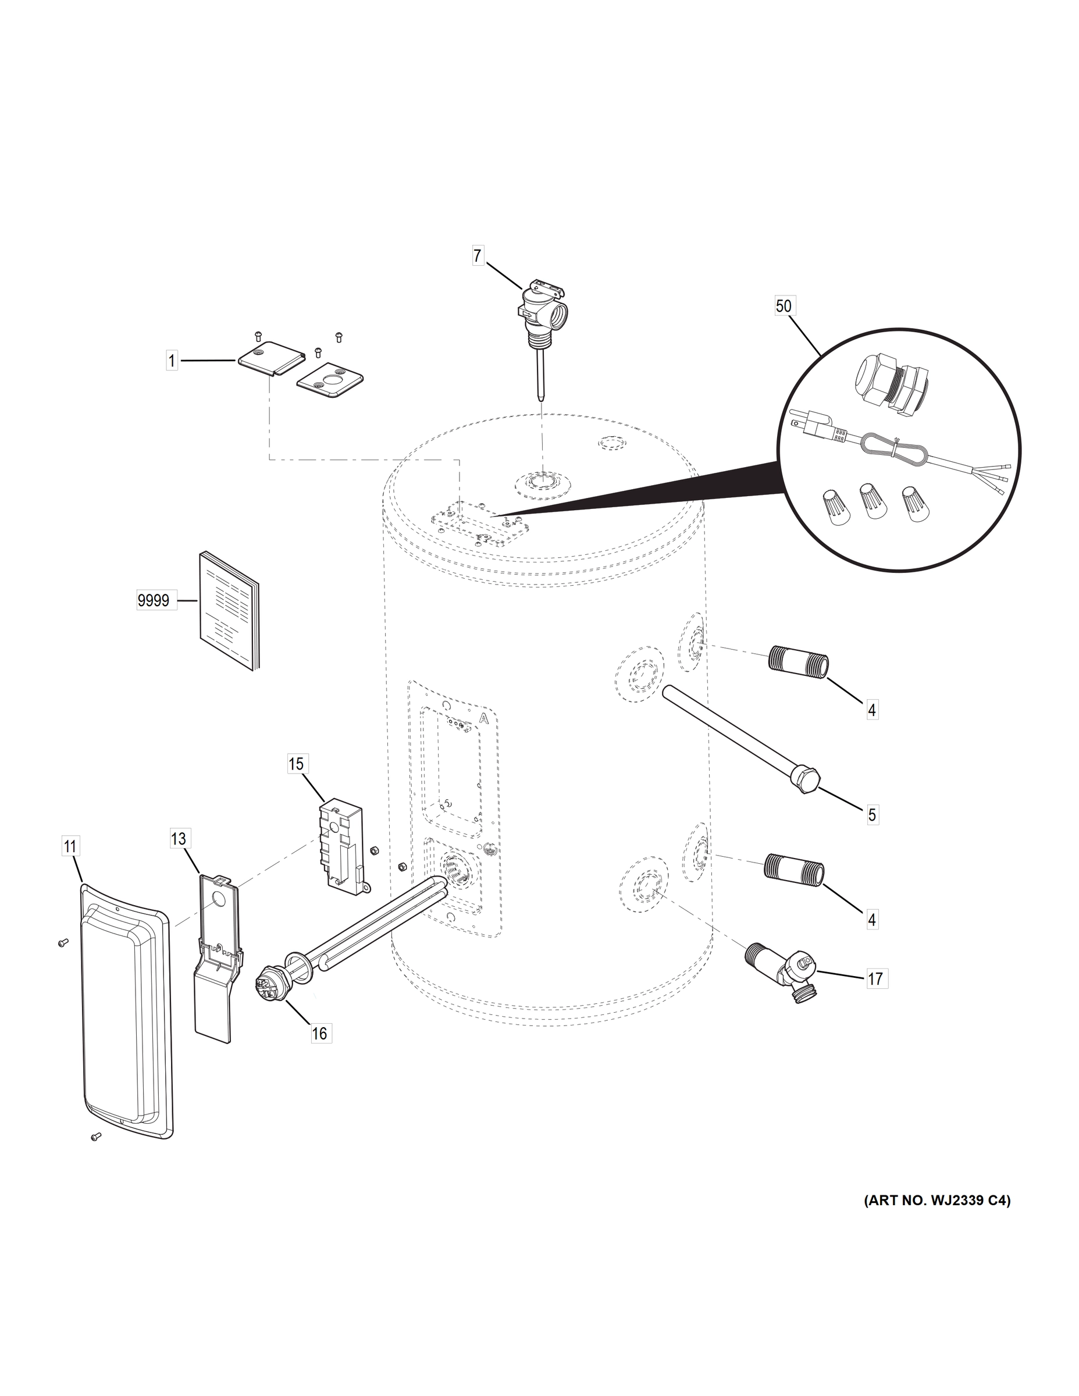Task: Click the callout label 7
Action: pos(478,257)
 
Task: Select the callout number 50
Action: pos(783,306)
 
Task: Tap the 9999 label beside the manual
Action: pos(154,600)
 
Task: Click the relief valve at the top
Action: pos(542,310)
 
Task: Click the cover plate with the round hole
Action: pos(330,388)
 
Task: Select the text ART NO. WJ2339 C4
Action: pos(937,1201)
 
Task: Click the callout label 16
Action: pos(319,1033)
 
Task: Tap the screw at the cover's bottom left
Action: pos(96,1137)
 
